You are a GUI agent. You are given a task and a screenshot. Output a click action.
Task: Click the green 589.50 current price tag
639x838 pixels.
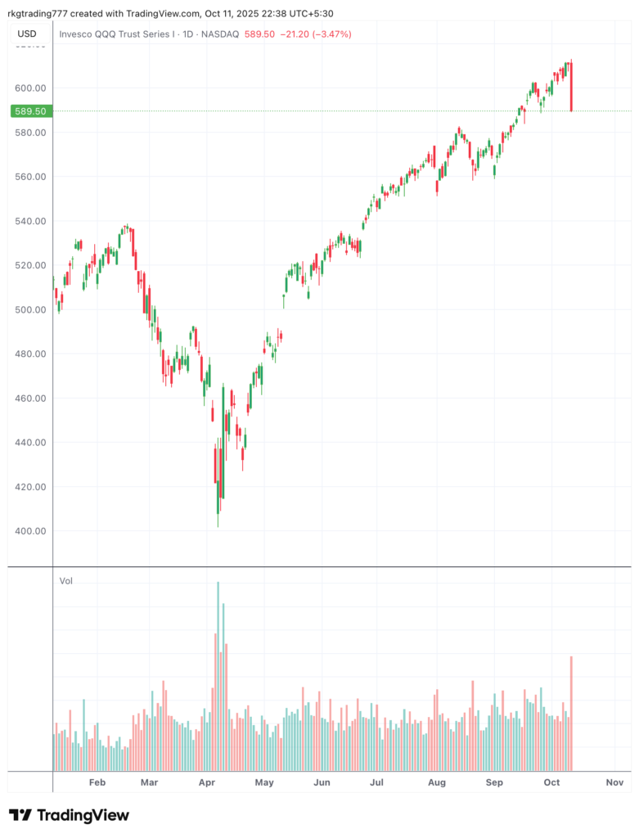tap(28, 111)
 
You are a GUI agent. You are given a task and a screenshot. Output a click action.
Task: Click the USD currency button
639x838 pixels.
tap(27, 34)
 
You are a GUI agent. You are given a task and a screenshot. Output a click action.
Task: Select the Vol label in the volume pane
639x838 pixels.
tap(66, 581)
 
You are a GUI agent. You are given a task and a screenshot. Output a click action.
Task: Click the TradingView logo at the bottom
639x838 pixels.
tap(69, 815)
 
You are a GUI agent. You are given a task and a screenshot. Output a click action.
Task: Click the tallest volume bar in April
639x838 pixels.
tap(218, 676)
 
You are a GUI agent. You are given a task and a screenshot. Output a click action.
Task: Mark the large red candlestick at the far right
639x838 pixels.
tap(571, 86)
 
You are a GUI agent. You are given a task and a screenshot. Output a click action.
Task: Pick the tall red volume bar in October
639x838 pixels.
tap(571, 713)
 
